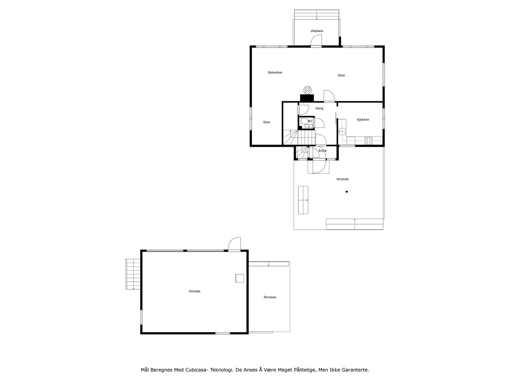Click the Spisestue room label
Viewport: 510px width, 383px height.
275,72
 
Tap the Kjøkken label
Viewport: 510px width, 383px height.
363,119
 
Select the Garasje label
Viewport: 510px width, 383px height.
194,291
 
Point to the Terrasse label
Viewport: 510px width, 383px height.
270,297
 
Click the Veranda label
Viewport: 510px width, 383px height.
342,179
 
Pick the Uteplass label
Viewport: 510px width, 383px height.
317,31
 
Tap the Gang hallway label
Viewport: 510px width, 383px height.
319,108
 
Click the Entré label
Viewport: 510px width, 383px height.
323,151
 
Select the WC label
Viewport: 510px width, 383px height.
310,121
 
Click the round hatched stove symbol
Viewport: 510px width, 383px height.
308,90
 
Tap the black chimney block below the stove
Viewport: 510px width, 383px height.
307,98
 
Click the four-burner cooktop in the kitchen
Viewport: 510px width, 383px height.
368,141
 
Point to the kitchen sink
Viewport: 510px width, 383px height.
342,131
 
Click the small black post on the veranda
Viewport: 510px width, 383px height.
347,191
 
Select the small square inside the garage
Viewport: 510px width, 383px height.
240,278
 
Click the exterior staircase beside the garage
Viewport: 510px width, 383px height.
133,274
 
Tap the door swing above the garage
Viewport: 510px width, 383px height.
234,244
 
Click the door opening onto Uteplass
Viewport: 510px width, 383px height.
316,41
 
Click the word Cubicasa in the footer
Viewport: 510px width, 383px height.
196,370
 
